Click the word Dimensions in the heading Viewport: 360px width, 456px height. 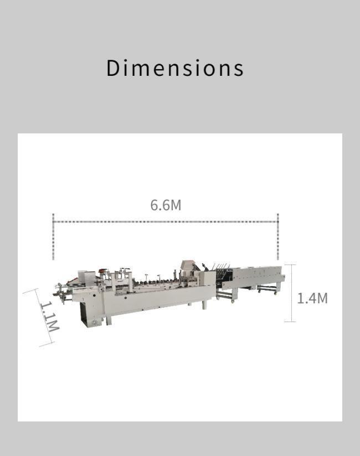pyautogui.click(x=175, y=68)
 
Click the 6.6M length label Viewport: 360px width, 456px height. pyautogui.click(x=166, y=205)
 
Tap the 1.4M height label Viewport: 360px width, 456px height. pyautogui.click(x=312, y=298)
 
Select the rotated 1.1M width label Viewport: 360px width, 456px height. pyautogui.click(x=49, y=317)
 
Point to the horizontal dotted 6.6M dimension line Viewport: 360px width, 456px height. pyautogui.click(x=165, y=222)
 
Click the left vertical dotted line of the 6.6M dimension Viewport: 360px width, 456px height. pyautogui.click(x=53, y=237)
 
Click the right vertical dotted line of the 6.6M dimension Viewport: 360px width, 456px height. pyautogui.click(x=278, y=237)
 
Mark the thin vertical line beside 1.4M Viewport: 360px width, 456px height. pyautogui.click(x=290, y=293)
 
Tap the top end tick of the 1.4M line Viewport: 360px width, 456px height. pyautogui.click(x=290, y=265)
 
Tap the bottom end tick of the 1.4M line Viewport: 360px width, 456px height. pyautogui.click(x=290, y=322)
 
